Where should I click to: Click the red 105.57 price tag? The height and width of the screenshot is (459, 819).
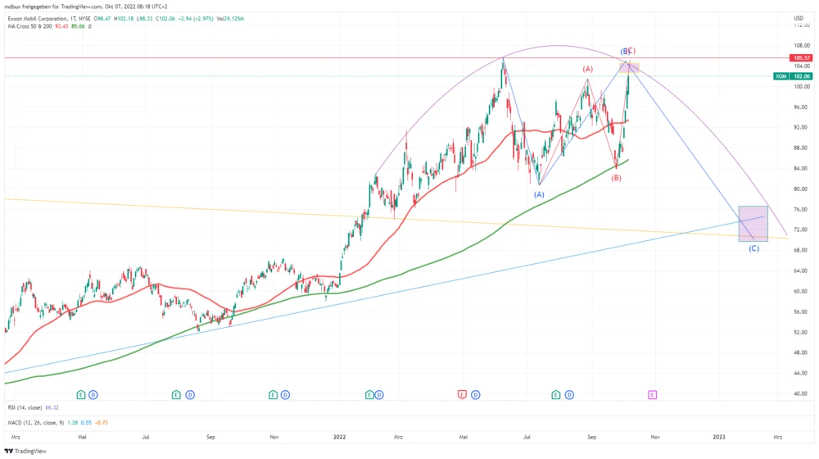click(801, 58)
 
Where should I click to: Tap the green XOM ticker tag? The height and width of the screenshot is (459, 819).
click(781, 76)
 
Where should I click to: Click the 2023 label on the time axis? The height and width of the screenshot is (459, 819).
click(719, 438)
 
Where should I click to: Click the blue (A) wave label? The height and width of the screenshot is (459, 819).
click(539, 194)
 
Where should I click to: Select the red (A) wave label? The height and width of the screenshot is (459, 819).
click(587, 69)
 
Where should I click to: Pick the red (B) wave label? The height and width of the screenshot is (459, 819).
click(616, 177)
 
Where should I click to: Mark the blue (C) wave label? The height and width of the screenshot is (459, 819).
click(753, 248)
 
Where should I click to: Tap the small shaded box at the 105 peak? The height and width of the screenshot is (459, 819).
click(632, 67)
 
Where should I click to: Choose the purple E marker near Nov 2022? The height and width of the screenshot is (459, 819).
click(652, 394)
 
